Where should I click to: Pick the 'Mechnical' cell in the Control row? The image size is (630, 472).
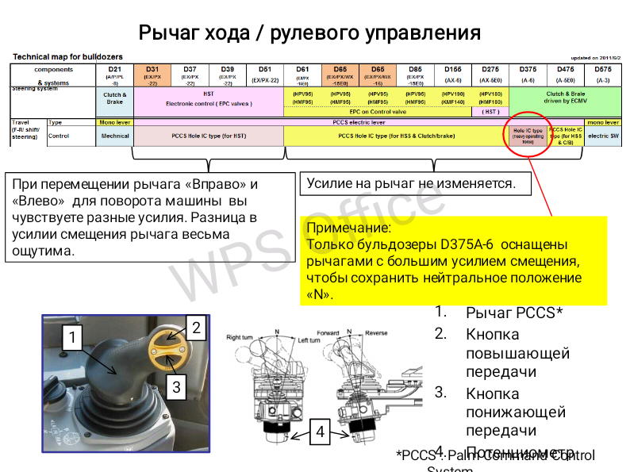[x=114, y=136]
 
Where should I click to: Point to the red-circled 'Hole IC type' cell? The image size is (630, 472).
[x=527, y=135]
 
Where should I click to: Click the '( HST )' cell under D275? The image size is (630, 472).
[x=490, y=112]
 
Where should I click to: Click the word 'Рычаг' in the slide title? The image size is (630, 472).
[x=167, y=33]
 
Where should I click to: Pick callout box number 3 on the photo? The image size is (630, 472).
[x=177, y=387]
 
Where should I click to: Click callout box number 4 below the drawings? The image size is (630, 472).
[x=320, y=432]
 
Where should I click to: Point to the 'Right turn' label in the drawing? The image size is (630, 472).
[x=241, y=338]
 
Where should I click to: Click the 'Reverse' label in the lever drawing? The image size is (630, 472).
[x=377, y=334]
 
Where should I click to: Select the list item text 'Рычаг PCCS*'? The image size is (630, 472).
[x=514, y=313]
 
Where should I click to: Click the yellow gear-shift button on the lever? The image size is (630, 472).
[x=168, y=350]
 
